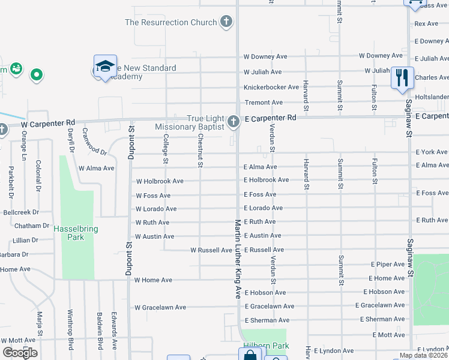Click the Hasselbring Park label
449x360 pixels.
click(x=75, y=233)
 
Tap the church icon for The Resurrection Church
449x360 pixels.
click(x=226, y=23)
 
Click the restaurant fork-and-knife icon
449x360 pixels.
click(x=402, y=77)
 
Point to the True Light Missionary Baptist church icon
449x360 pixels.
click(x=234, y=122)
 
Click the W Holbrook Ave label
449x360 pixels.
click(x=160, y=181)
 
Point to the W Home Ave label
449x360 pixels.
click(x=153, y=280)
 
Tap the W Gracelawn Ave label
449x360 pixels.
click(x=160, y=308)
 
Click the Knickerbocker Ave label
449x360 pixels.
click(x=271, y=87)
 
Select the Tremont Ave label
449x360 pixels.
click(x=263, y=103)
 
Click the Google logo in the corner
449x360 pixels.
click(x=20, y=353)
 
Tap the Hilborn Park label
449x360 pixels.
click(x=266, y=346)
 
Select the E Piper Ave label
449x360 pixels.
click(x=388, y=264)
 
